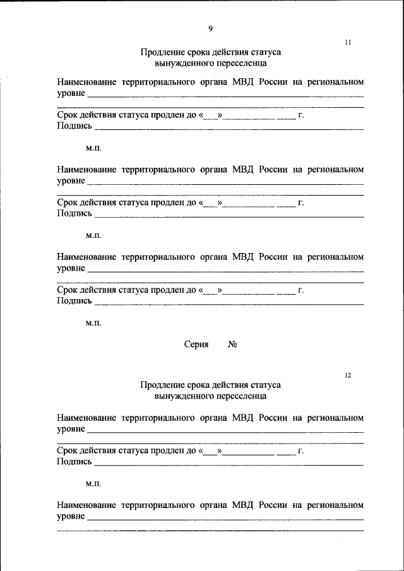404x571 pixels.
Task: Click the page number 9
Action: tap(210, 28)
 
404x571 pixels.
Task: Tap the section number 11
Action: tap(347, 43)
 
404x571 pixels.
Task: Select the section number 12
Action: tap(347, 375)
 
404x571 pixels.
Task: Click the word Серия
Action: tap(196, 344)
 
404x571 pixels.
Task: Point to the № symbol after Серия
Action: tap(232, 344)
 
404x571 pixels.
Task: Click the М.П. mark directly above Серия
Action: tap(93, 323)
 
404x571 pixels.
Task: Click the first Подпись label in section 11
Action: tap(74, 126)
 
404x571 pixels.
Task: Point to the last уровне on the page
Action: tap(71, 517)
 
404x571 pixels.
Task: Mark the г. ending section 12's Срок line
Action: tap(301, 450)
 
